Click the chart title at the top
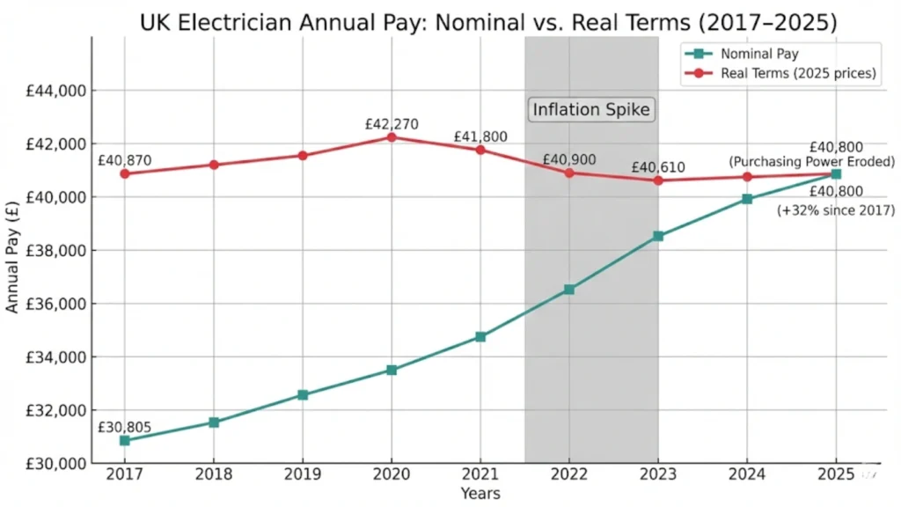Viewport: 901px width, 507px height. [x=450, y=21]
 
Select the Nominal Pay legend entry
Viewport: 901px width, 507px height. [x=758, y=54]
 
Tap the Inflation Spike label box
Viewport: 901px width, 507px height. [x=592, y=110]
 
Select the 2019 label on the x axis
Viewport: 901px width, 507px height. [x=302, y=476]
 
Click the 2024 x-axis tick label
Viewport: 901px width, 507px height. [x=747, y=476]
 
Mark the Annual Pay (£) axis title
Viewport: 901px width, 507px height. [x=12, y=255]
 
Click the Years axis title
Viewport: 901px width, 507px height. [x=480, y=494]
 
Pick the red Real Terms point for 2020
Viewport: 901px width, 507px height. [x=392, y=137]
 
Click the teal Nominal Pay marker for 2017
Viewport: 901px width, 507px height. [x=125, y=440]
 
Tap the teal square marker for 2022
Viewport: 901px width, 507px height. [x=569, y=289]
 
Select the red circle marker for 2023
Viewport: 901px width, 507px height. [x=658, y=180]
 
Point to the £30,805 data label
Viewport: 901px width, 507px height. [x=124, y=427]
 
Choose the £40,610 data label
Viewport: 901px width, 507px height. [x=656, y=167]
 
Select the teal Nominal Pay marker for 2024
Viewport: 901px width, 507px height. [x=747, y=199]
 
